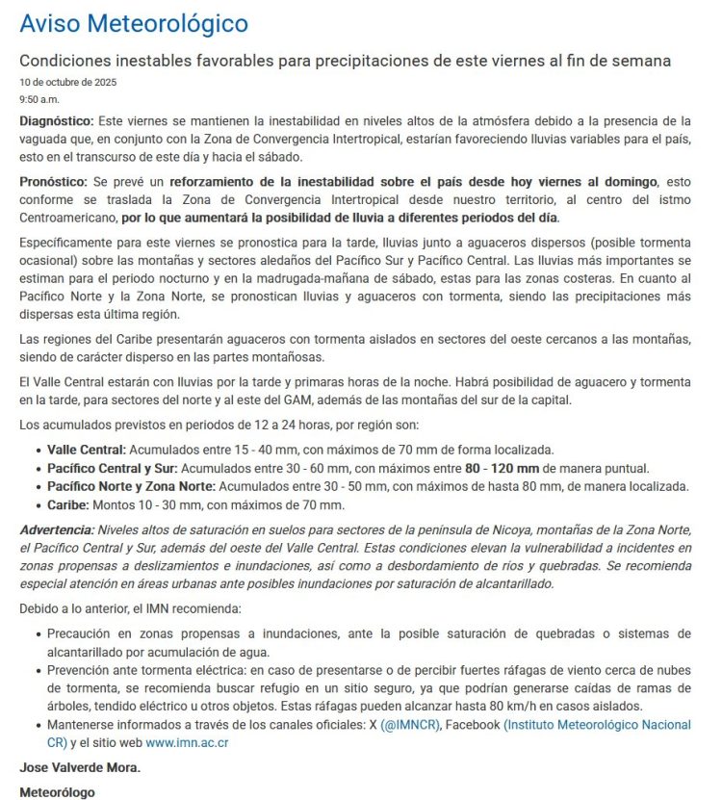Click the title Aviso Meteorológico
coord(134,24)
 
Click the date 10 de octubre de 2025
coord(67,82)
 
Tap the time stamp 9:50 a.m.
coord(39,99)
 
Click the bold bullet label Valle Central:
coord(87,450)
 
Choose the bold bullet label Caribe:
coord(69,504)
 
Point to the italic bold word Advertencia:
coord(57,530)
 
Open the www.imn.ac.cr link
coord(187,742)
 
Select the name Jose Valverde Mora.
coord(78,768)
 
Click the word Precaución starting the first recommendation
coord(84,633)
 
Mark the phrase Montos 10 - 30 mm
coord(169,504)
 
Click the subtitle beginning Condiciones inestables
coord(345,61)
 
